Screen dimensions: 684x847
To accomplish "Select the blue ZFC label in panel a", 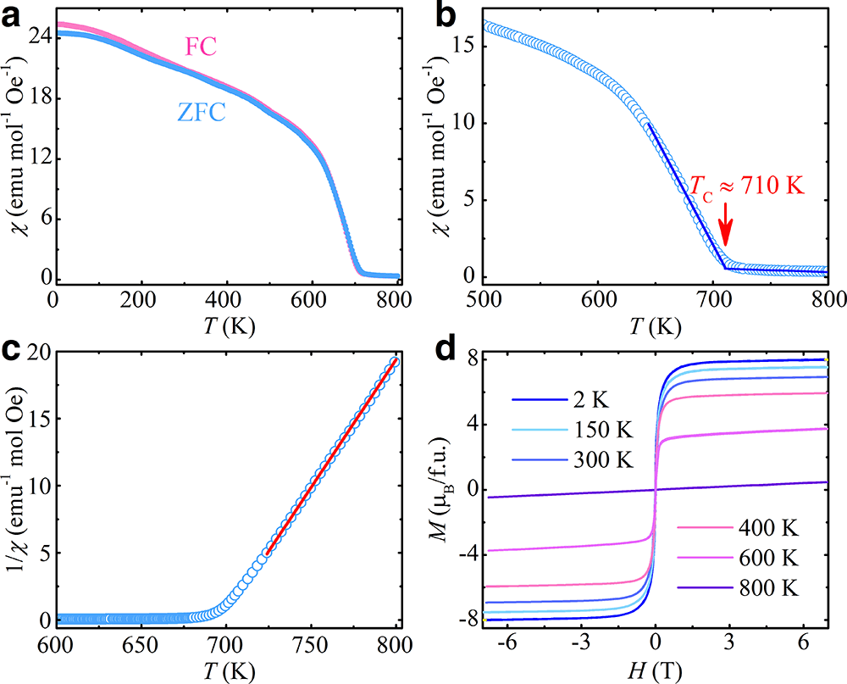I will coord(200,112).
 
